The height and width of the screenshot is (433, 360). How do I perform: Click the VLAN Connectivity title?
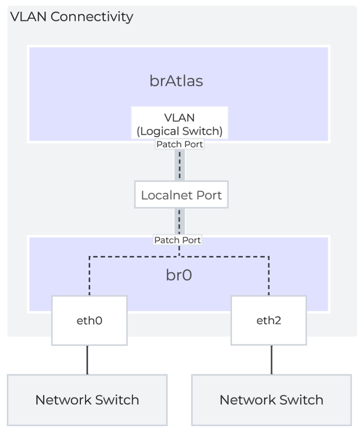click(x=72, y=16)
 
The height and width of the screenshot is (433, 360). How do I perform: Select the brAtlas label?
click(x=176, y=81)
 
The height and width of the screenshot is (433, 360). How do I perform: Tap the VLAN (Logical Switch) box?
click(x=179, y=123)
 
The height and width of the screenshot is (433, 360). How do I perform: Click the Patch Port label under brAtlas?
click(x=179, y=144)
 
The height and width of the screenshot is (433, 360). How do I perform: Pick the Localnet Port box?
click(x=181, y=196)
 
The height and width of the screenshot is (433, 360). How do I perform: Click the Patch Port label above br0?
click(x=178, y=240)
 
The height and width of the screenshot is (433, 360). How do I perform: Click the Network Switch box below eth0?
click(x=87, y=400)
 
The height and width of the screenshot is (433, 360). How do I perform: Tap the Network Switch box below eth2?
click(x=271, y=400)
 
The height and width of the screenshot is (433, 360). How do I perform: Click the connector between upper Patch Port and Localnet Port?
click(x=179, y=165)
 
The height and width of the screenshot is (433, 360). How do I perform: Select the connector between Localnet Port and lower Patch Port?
click(x=179, y=222)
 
